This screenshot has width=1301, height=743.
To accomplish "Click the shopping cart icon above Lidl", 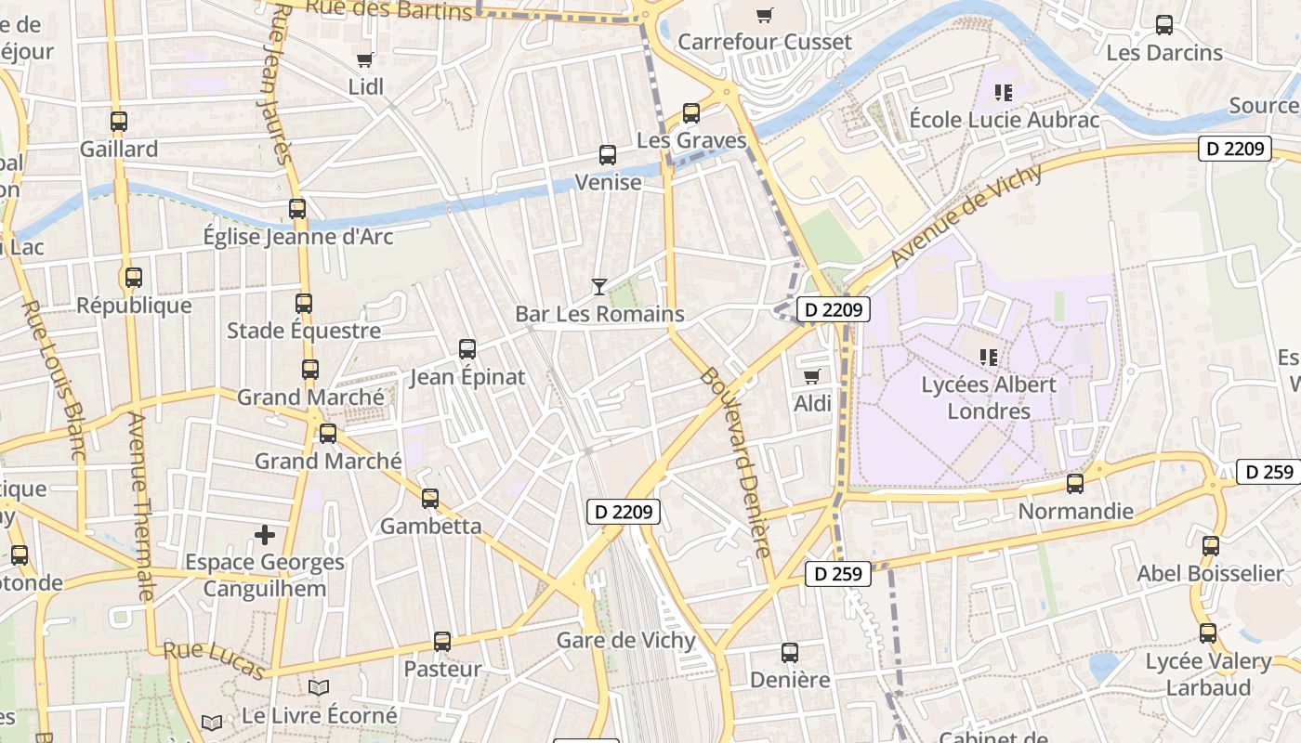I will point(364,60).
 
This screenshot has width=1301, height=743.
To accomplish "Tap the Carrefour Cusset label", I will point(764,42).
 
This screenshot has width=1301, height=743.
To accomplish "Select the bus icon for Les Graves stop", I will point(690,113).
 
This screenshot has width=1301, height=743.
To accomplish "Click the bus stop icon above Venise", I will point(608,155).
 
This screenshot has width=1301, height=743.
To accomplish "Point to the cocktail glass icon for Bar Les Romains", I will point(599,287).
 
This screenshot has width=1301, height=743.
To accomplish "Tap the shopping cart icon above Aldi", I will point(812,376).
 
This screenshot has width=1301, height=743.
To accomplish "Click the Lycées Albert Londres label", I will point(989,398).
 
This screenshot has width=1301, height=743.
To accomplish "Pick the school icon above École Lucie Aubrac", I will point(1003,93).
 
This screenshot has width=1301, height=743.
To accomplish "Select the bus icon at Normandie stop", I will point(1075,484).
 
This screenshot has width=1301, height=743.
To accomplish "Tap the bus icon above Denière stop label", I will point(790,653).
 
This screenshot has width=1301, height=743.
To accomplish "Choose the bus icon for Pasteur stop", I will point(442,642).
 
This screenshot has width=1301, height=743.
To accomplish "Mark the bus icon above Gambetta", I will point(430,499).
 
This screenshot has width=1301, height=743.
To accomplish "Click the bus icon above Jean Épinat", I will point(467,349).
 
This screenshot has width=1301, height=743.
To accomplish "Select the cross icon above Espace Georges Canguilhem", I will point(265,535).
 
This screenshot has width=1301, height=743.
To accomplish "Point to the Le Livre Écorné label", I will point(319,715).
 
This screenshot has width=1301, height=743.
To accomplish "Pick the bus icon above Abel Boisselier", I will point(1211,546).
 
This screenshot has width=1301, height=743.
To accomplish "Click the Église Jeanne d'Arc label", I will point(298,237).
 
